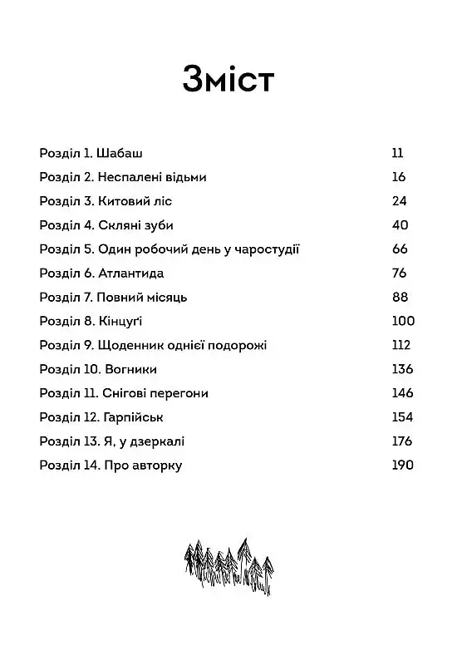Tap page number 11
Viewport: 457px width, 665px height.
396,153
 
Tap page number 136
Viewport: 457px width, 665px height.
401,369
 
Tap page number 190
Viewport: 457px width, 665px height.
401,465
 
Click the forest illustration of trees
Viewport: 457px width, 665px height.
228,564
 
